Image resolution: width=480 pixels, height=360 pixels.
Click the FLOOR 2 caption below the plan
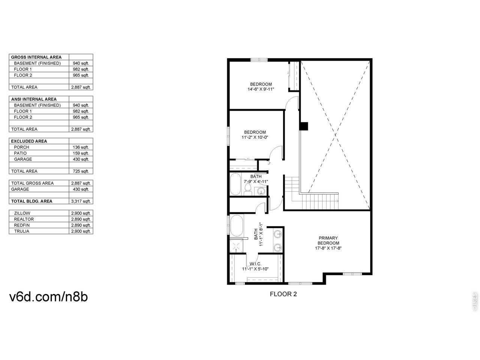click(x=283, y=294)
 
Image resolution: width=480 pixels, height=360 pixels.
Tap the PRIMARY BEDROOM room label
click(x=328, y=240)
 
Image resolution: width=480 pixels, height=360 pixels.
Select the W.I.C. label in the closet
click(x=255, y=264)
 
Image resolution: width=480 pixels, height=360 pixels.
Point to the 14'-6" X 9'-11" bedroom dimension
click(x=261, y=89)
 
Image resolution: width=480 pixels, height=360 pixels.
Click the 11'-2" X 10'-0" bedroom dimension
click(x=255, y=137)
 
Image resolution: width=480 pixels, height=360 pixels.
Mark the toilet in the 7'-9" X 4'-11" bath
click(x=248, y=189)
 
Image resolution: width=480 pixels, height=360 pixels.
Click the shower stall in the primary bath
click(x=236, y=246)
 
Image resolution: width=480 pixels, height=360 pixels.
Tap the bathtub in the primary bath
click(x=237, y=225)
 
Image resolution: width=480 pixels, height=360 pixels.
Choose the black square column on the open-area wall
click(x=304, y=126)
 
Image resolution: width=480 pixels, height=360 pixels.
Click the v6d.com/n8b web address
click(x=48, y=297)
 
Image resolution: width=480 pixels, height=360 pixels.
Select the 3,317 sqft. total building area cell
click(x=81, y=201)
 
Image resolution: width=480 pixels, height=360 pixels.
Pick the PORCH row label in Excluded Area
click(x=21, y=147)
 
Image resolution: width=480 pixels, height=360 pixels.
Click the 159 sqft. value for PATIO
click(x=81, y=153)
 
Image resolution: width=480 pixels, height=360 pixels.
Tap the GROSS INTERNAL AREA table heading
click(x=36, y=57)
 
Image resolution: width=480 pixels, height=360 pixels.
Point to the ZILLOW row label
click(x=22, y=213)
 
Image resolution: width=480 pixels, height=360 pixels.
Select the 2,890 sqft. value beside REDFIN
click(x=81, y=225)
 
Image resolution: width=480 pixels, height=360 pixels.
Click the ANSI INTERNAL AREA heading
click(x=34, y=99)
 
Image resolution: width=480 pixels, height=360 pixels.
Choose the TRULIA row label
click(x=22, y=231)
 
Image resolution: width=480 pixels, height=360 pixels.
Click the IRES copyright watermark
click(x=475, y=301)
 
